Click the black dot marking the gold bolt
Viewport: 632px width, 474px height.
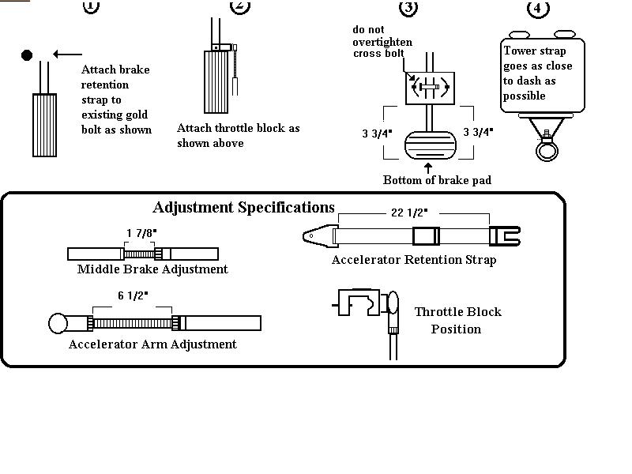pyautogui.click(x=27, y=55)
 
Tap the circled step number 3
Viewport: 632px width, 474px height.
pyautogui.click(x=408, y=7)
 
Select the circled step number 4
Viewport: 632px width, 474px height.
pyautogui.click(x=538, y=9)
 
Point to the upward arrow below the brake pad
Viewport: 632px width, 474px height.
pyautogui.click(x=428, y=167)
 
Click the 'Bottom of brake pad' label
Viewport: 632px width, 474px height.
pyautogui.click(x=437, y=180)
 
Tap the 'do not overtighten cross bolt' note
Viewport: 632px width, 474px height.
pyautogui.click(x=382, y=42)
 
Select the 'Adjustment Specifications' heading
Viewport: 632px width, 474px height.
pyautogui.click(x=243, y=208)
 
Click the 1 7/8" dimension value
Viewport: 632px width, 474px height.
pyautogui.click(x=142, y=232)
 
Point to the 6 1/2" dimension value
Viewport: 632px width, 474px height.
pyautogui.click(x=133, y=295)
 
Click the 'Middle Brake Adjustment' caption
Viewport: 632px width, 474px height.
pyautogui.click(x=152, y=269)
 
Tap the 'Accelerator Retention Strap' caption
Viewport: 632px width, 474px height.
pyautogui.click(x=414, y=259)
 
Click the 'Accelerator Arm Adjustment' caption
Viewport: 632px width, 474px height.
pyautogui.click(x=152, y=344)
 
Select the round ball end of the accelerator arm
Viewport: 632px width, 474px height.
pyautogui.click(x=58, y=323)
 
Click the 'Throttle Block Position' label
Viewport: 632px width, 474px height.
pyautogui.click(x=457, y=320)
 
